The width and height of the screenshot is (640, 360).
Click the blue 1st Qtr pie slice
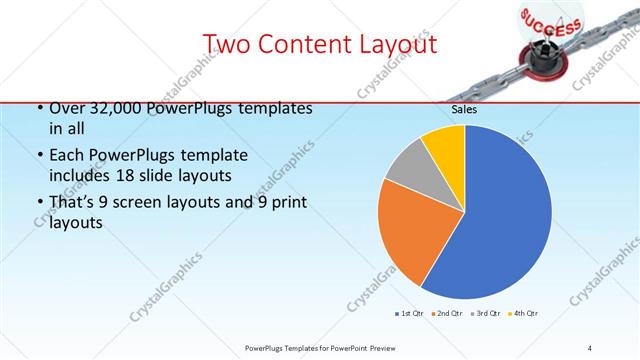coord(500,220)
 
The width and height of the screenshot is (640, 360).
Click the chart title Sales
coord(464,110)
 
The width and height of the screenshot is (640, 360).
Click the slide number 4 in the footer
coord(589,347)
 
